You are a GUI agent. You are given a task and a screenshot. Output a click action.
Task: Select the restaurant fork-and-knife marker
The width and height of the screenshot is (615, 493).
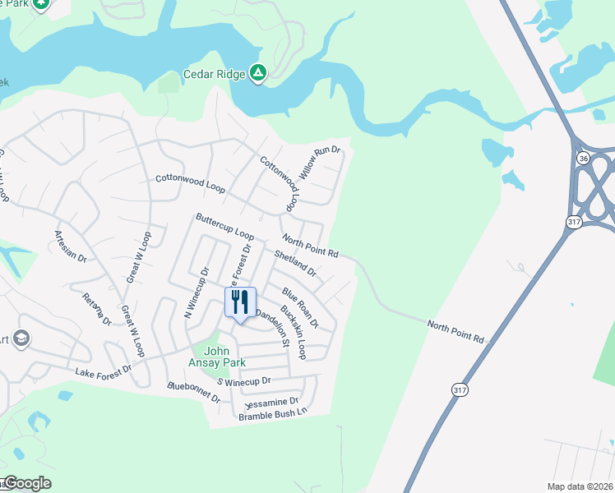pyautogui.click(x=240, y=302)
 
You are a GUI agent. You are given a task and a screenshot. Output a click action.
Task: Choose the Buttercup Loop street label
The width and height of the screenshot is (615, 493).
pyautogui.click(x=224, y=226)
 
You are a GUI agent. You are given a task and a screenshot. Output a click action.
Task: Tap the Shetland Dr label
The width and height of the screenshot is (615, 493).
pyautogui.click(x=297, y=264)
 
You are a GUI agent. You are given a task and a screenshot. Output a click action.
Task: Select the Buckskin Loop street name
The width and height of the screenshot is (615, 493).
pyautogui.click(x=294, y=333)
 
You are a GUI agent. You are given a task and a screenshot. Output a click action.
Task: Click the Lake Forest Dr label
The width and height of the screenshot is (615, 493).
pyautogui.click(x=103, y=371)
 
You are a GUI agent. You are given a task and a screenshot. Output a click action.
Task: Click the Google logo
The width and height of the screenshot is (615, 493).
pyautogui.click(x=28, y=483)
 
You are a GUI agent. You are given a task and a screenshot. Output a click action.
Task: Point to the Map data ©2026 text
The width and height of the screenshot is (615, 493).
pyautogui.click(x=580, y=486)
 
